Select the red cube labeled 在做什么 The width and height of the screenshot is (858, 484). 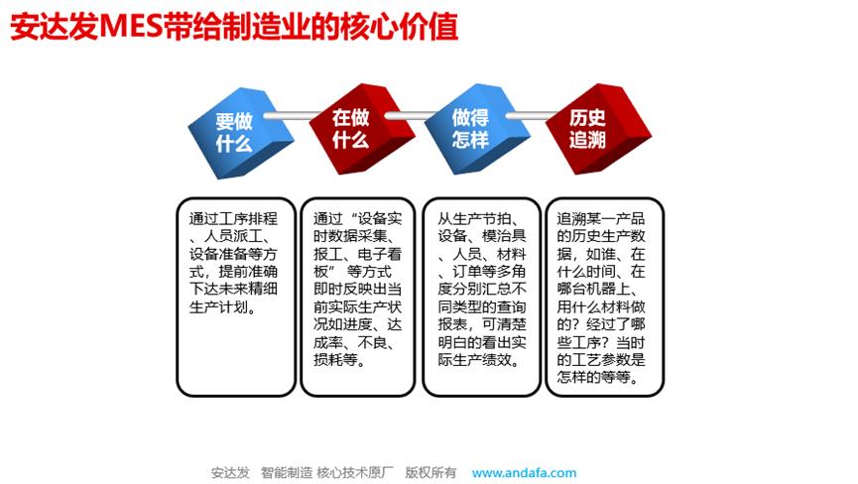352,129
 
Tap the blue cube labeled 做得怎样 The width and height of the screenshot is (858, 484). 470,130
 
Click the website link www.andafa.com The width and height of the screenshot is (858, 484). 524,472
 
